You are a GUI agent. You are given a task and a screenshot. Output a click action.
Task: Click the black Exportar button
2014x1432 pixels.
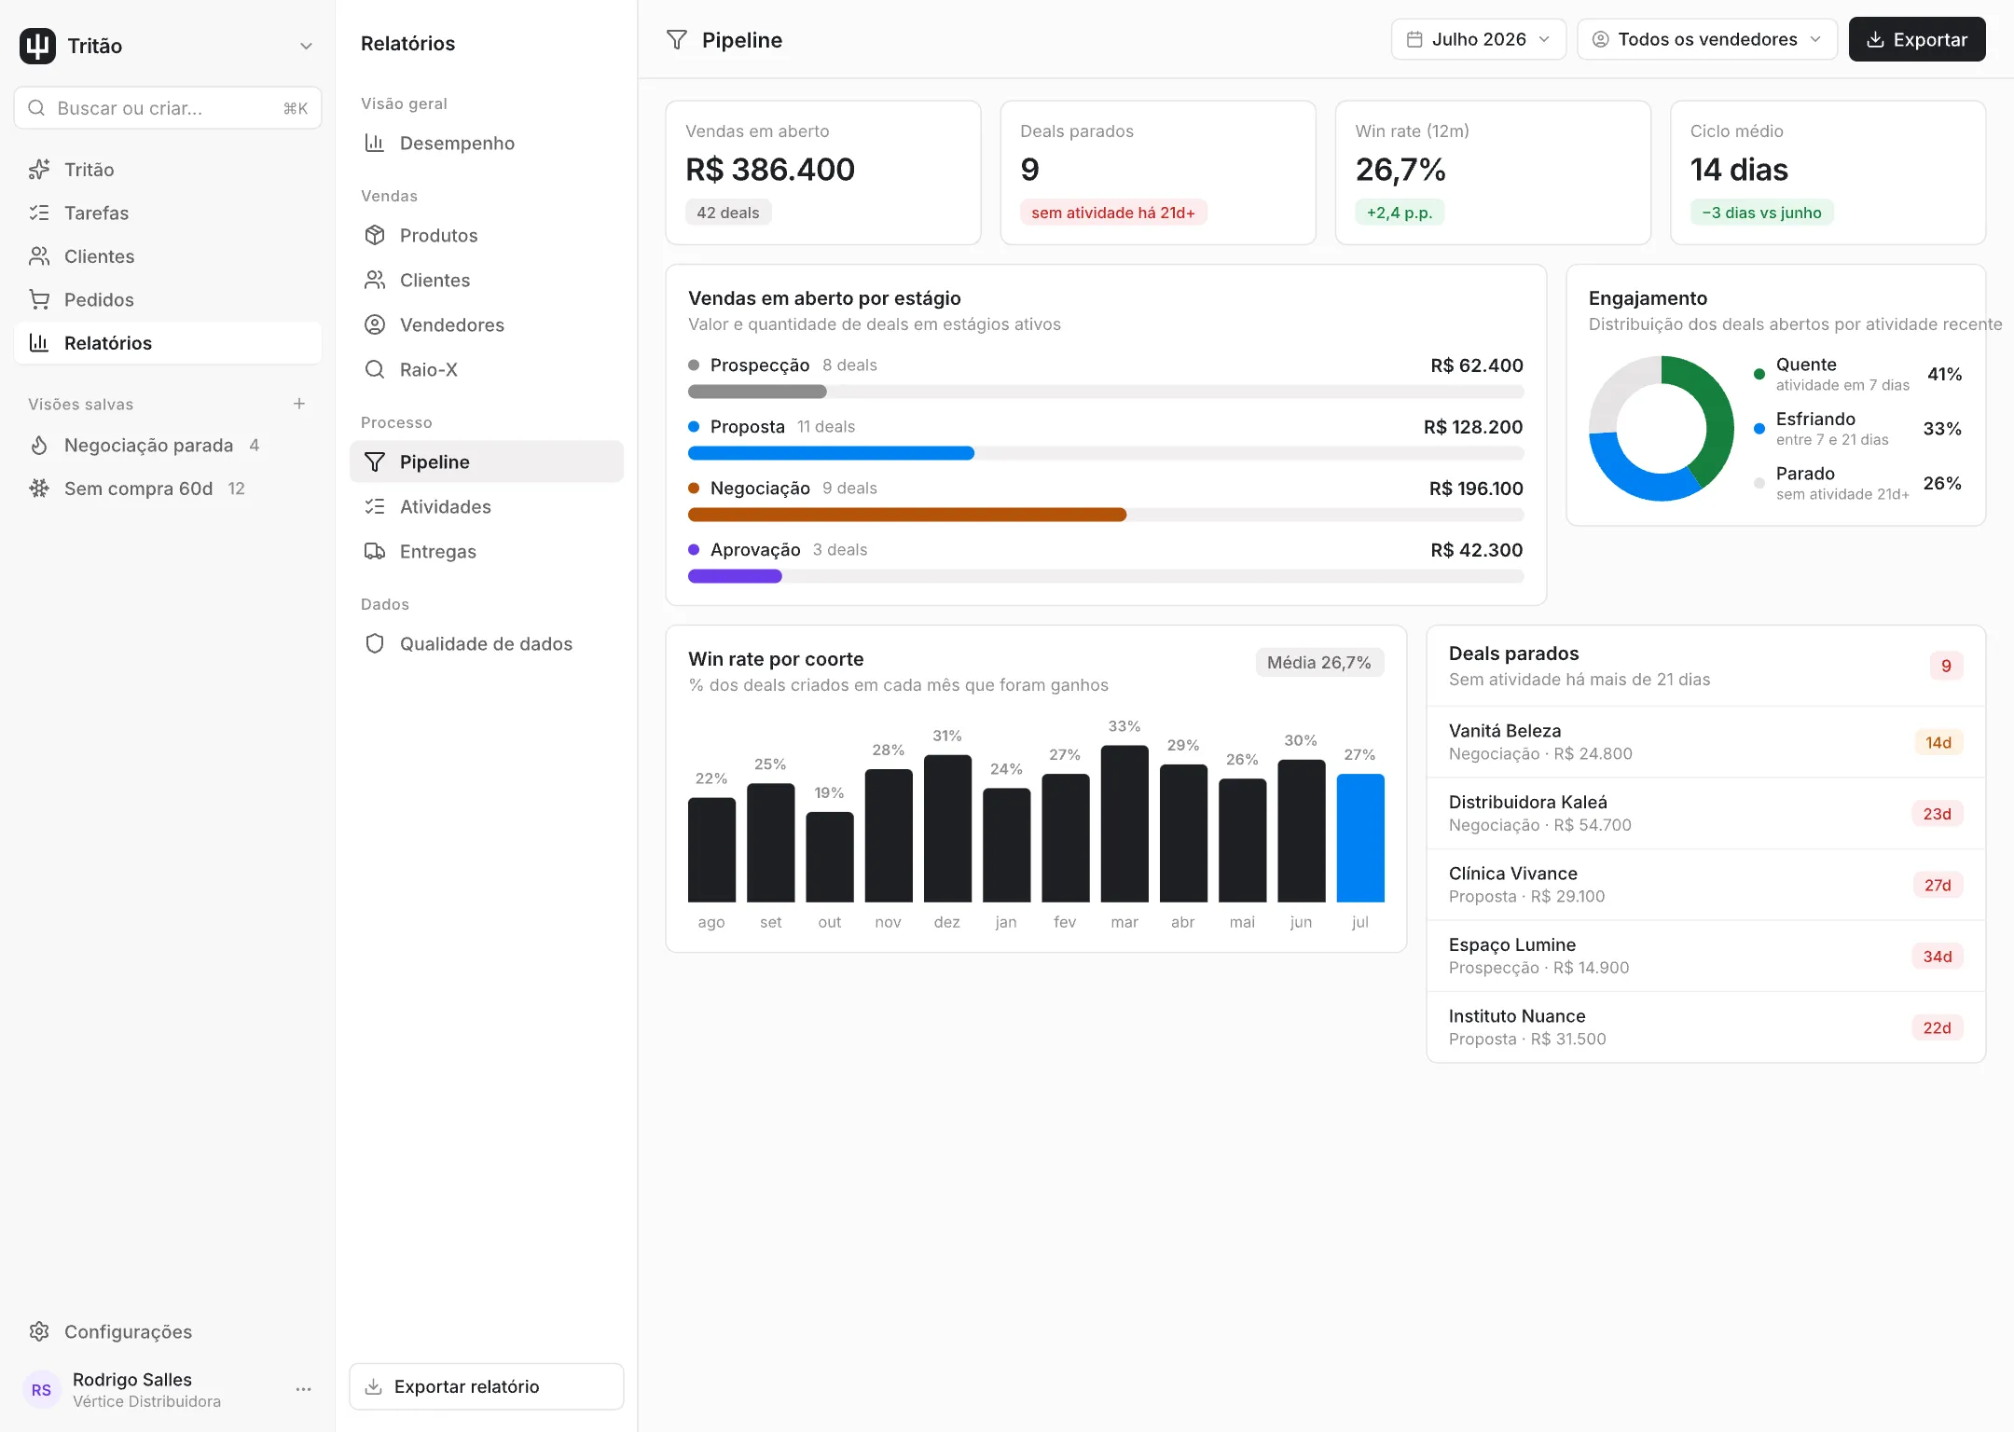click(1916, 39)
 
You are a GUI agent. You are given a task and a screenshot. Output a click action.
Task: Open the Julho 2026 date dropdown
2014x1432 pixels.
click(1478, 39)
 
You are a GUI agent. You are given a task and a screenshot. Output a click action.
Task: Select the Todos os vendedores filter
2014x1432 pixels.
click(1706, 39)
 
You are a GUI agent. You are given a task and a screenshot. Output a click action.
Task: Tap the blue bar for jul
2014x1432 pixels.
click(1359, 838)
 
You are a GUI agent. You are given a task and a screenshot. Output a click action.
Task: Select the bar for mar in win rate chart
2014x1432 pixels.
click(1124, 824)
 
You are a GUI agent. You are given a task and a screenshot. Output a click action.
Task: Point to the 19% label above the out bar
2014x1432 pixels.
click(829, 792)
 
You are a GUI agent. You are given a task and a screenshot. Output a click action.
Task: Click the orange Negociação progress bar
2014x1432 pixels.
click(906, 515)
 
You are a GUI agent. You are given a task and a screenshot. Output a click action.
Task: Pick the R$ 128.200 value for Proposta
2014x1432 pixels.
click(1472, 427)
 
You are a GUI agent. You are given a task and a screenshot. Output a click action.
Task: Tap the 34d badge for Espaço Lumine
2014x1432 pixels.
click(1937, 957)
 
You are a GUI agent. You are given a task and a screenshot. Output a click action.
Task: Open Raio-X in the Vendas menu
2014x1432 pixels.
click(428, 369)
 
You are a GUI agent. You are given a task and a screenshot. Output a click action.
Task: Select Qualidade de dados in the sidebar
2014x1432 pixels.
click(486, 643)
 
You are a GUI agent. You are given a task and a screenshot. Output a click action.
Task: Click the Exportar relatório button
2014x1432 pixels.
click(486, 1386)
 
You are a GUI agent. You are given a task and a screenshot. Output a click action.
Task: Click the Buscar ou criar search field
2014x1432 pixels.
click(168, 108)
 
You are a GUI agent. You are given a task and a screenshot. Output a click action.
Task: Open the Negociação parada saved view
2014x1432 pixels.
click(148, 446)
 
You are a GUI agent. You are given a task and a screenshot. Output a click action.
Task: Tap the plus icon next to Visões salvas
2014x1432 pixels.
click(299, 404)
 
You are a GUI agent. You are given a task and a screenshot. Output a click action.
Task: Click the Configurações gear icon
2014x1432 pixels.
click(39, 1331)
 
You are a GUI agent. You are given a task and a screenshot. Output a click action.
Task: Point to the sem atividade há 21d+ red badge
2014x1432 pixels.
click(1112, 213)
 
